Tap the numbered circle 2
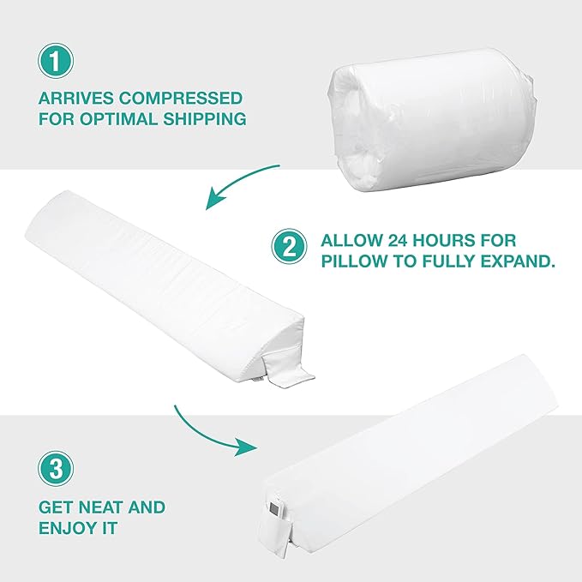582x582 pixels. point(289,247)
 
